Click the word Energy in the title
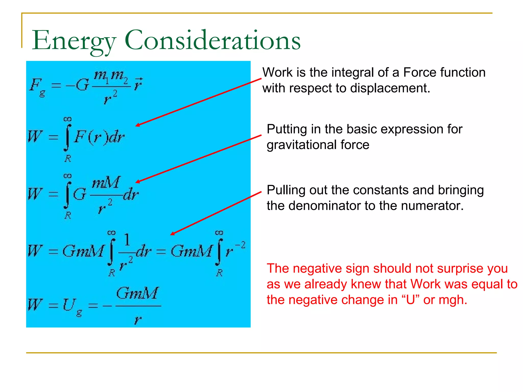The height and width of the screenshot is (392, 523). coord(74,41)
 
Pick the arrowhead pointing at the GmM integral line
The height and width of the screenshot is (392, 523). coord(172,234)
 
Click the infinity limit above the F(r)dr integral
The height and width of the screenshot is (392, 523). coord(67,119)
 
